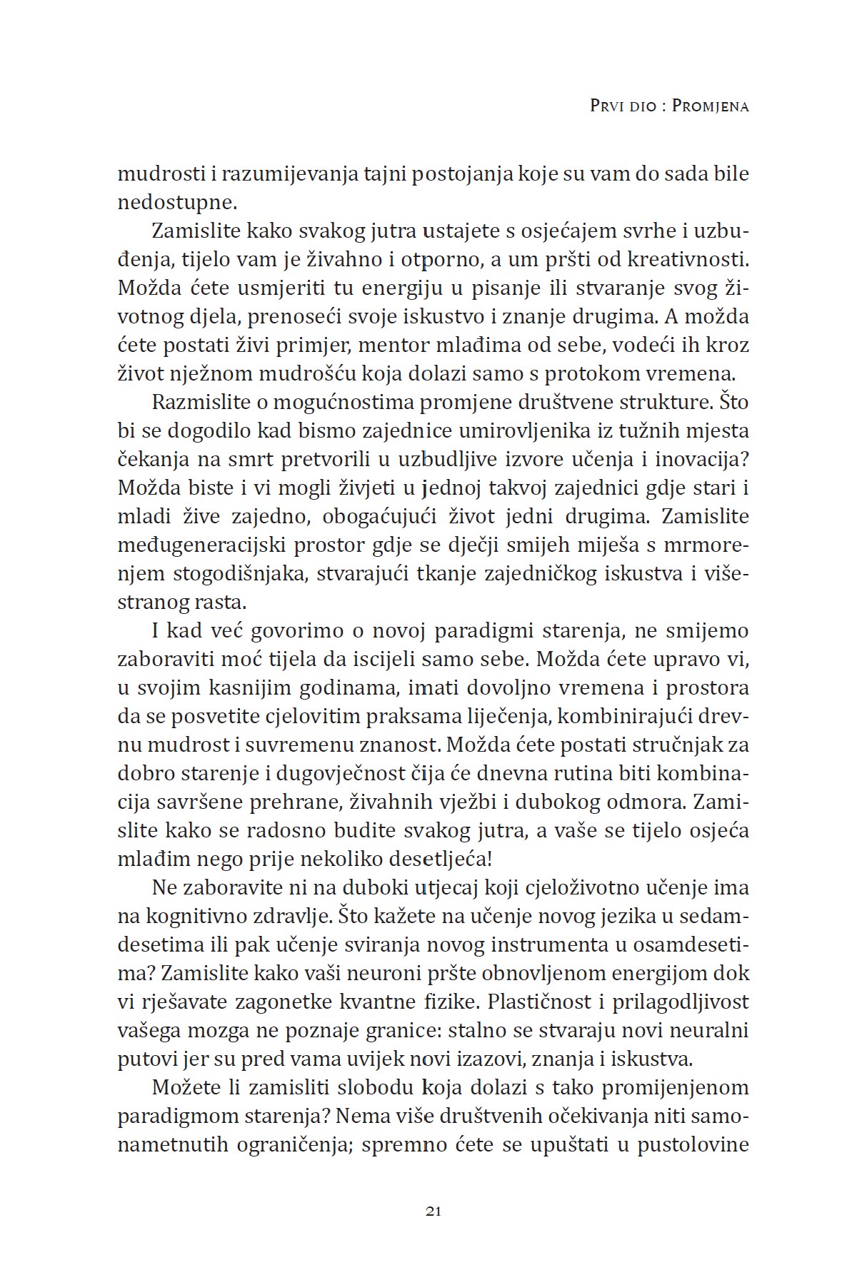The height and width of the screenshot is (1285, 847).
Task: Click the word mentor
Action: click(x=388, y=345)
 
